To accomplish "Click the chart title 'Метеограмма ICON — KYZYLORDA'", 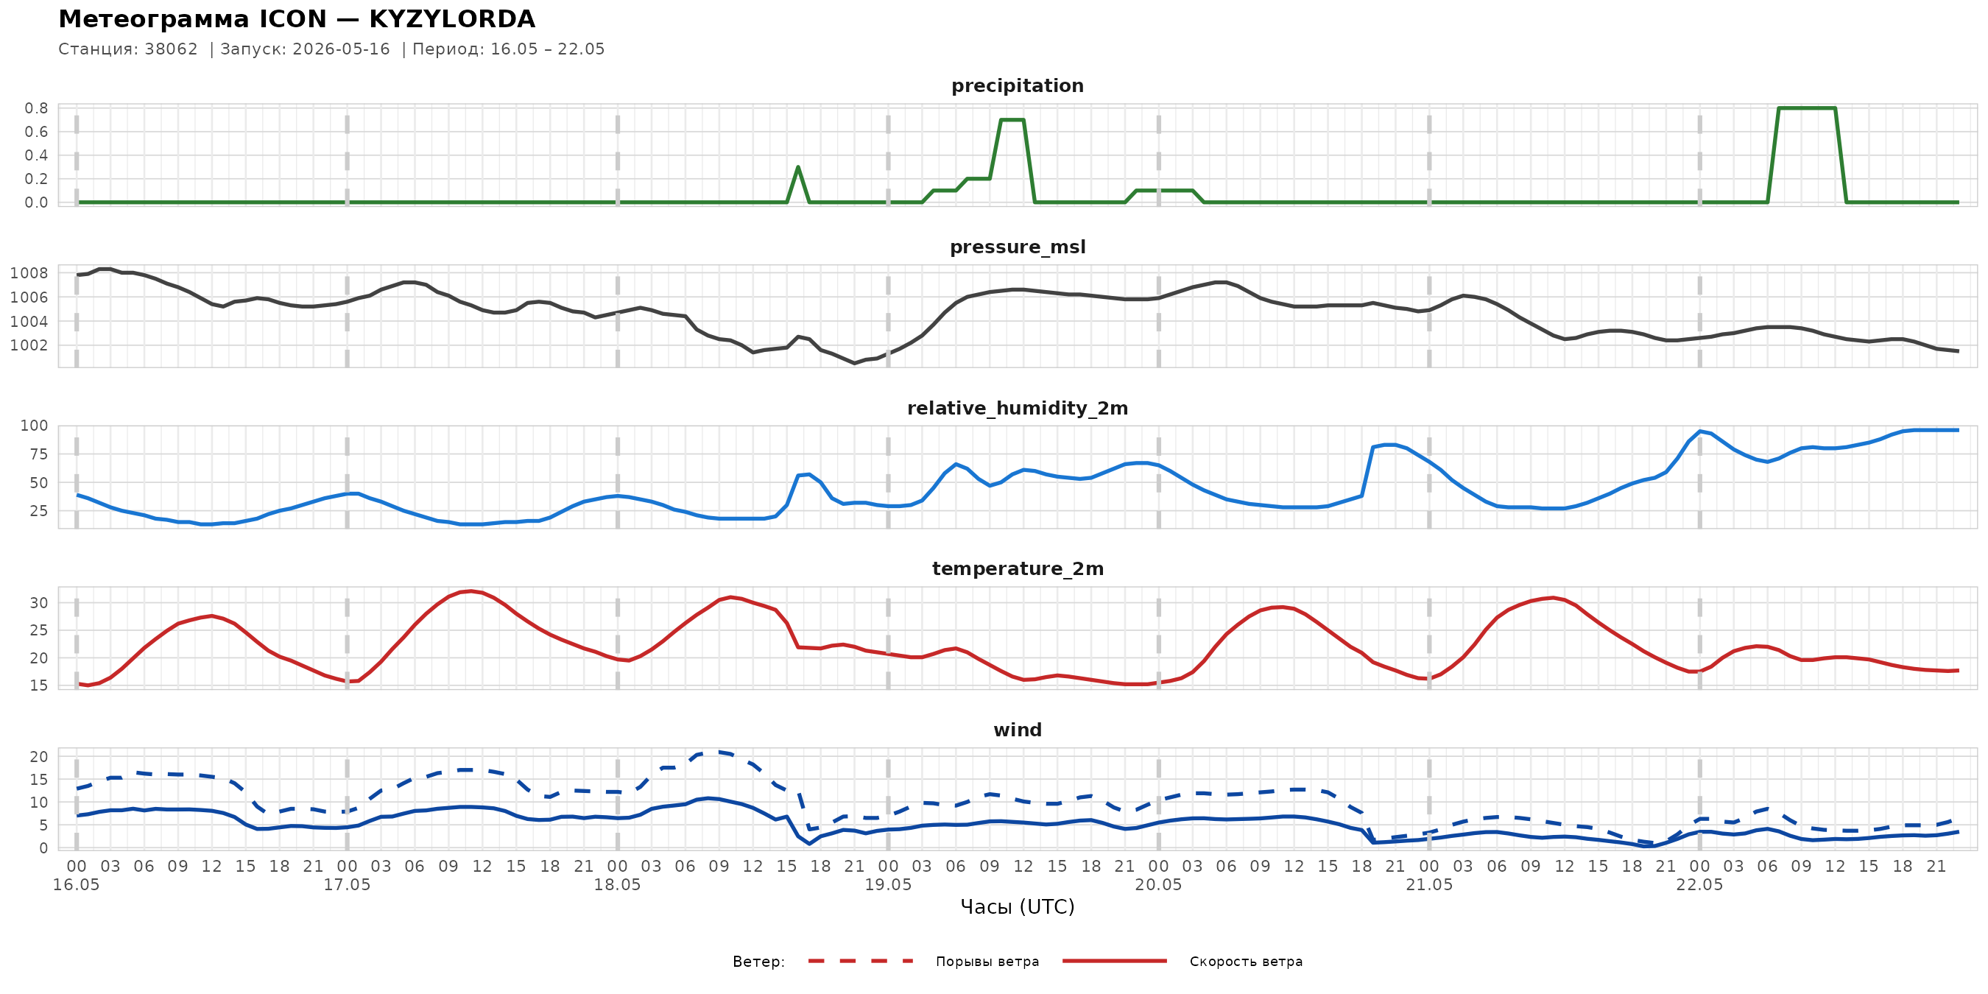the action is (x=296, y=18).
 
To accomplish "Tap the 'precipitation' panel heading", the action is (x=1017, y=85).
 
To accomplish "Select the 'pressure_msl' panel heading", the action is (x=1017, y=247).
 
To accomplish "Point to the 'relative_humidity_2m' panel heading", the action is (x=1017, y=408).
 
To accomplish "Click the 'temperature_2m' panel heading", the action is (x=1017, y=568).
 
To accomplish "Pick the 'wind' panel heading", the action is (x=1017, y=730).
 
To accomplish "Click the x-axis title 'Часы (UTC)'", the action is (x=1017, y=907).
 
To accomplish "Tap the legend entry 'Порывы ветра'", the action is (x=987, y=962).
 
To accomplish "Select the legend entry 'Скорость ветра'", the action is (x=1246, y=962).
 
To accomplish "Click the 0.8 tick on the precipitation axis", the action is (x=36, y=108).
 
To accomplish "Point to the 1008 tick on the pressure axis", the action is (x=29, y=273).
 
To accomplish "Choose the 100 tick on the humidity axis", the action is (x=34, y=426).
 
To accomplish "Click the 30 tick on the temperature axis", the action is (x=38, y=603).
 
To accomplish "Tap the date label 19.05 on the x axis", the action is (x=888, y=885).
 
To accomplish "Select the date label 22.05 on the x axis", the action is (x=1699, y=885).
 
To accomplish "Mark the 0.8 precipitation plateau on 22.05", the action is (x=1807, y=108).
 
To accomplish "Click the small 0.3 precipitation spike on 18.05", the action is (x=798, y=166).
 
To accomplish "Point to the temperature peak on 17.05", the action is (x=470, y=591).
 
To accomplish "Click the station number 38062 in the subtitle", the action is (x=172, y=49).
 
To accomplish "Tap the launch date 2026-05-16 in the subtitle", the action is (x=341, y=49).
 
